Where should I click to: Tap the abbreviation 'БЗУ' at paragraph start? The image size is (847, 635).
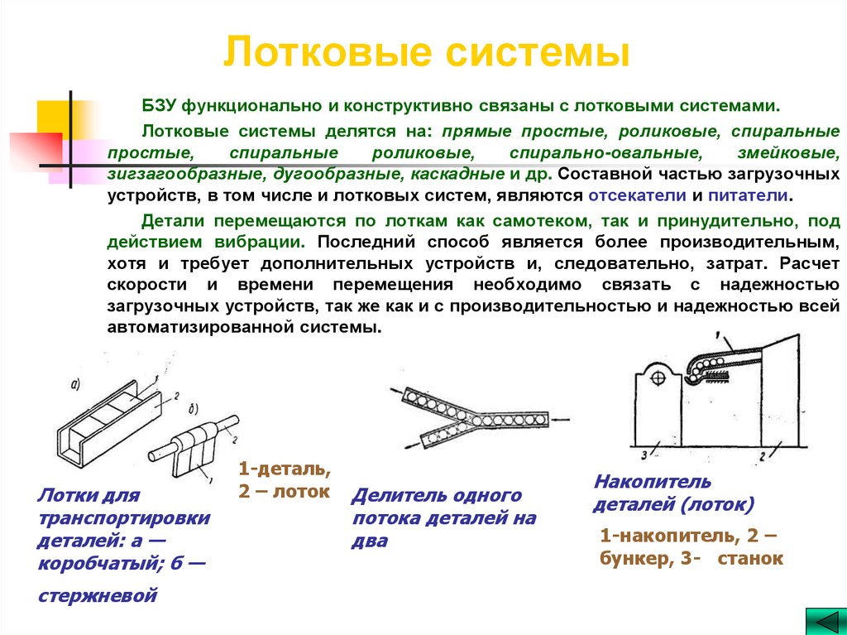(x=160, y=107)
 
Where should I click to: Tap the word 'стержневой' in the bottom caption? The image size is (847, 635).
(x=97, y=594)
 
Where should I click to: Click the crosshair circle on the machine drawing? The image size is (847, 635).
(x=658, y=378)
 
